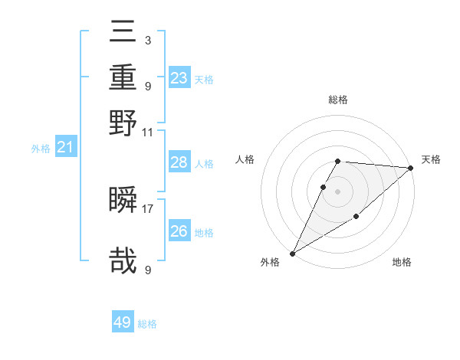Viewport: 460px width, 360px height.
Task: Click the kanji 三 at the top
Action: [123, 32]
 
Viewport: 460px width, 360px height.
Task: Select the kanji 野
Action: [123, 123]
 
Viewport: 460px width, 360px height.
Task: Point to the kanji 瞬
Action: [123, 201]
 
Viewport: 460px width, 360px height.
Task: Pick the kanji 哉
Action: [123, 260]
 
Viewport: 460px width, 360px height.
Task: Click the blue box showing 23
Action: [179, 78]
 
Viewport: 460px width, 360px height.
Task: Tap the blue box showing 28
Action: [179, 162]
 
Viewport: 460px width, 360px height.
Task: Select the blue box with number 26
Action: [179, 231]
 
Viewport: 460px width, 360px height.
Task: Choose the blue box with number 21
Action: [65, 148]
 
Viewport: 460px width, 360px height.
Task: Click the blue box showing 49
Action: [123, 322]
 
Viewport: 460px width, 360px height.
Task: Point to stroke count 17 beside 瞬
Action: [147, 208]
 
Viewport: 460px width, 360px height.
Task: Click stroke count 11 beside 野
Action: [147, 132]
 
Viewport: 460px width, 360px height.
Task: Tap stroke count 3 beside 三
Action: [147, 40]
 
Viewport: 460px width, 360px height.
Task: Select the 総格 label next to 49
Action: [148, 324]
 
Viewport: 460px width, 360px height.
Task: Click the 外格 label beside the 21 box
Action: [41, 149]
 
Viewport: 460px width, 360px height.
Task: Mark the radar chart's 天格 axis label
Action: [431, 159]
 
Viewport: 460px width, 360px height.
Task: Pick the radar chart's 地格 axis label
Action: [402, 263]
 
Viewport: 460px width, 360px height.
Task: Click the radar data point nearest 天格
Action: [411, 168]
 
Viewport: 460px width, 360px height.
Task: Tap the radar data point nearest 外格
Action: [292, 254]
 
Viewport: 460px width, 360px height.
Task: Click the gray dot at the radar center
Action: [337, 191]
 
